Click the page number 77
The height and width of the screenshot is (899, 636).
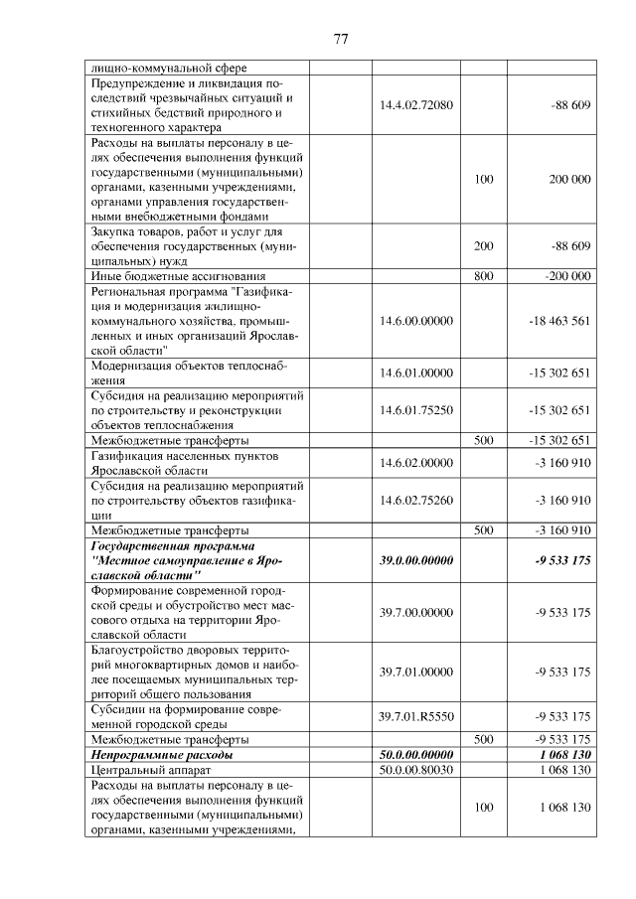point(340,39)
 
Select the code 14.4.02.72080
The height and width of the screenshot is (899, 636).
point(416,104)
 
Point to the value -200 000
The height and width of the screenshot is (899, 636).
point(566,275)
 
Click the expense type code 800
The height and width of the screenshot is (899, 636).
point(483,275)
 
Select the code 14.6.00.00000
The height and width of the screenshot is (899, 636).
point(416,321)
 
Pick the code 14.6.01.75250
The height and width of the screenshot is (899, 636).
point(416,409)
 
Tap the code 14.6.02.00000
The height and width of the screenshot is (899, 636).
point(416,462)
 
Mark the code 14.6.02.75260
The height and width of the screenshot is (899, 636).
point(416,500)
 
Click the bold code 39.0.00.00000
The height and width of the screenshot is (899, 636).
point(416,560)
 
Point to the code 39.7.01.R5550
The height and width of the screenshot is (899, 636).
point(416,716)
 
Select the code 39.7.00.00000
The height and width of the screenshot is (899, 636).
point(416,612)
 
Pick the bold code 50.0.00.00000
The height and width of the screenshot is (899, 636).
point(416,754)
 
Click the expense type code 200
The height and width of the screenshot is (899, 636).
point(483,245)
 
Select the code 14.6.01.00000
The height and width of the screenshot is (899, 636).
point(416,373)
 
